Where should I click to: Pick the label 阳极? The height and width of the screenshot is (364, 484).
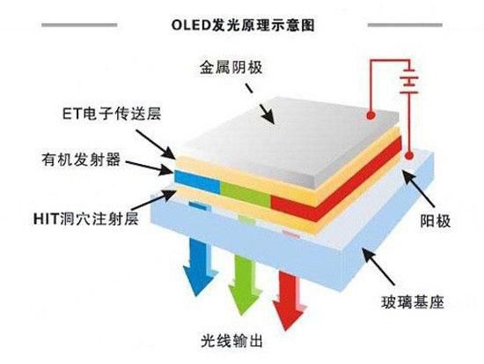436,219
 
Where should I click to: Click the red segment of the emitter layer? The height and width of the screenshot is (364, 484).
312,202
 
